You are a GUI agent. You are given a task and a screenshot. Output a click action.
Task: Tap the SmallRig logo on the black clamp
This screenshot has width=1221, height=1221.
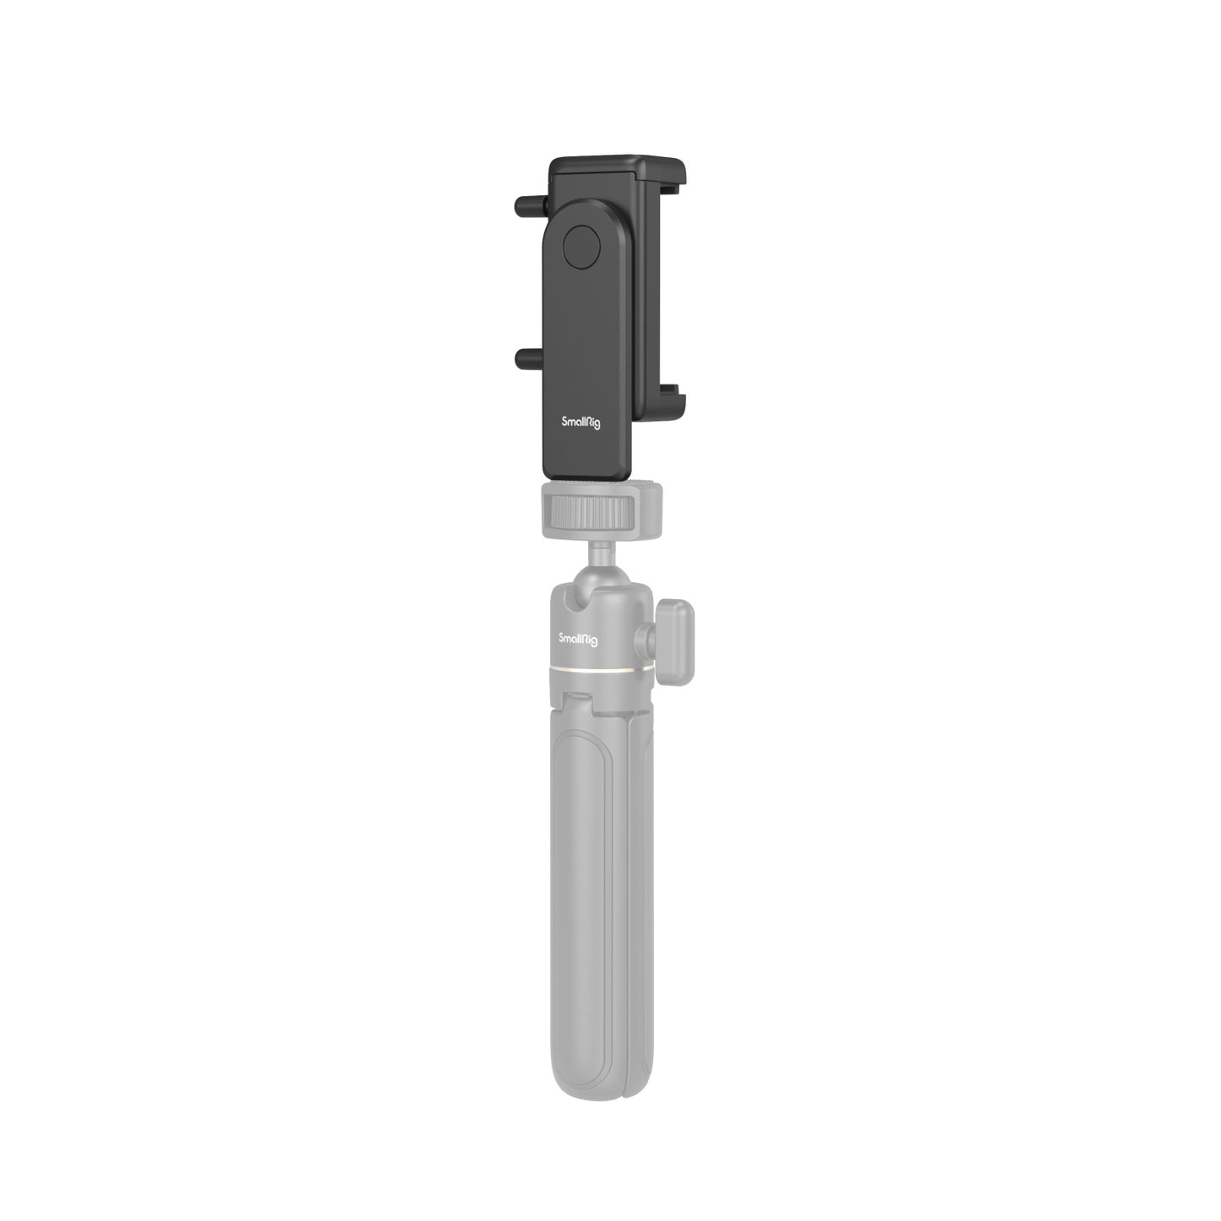(581, 422)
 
